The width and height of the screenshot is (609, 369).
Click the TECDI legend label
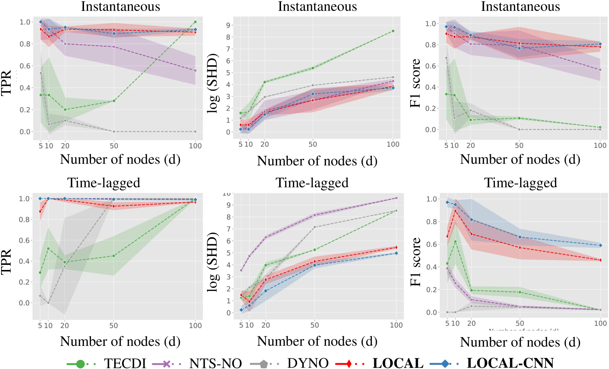(x=125, y=363)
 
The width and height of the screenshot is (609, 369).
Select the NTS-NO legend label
(x=215, y=363)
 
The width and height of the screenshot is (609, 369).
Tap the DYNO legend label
(x=308, y=363)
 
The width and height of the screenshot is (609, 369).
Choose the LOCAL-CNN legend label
(x=510, y=363)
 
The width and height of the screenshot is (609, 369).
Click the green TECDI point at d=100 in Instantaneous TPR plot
(x=195, y=22)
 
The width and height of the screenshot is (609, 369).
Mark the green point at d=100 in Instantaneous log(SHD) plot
(x=393, y=31)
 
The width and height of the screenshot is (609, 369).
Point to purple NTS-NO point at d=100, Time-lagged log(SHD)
(x=396, y=198)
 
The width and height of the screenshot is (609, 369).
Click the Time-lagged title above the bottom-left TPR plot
(x=103, y=183)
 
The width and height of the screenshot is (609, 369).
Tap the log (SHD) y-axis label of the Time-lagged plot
(x=213, y=262)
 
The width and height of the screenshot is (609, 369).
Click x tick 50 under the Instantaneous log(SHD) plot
(x=313, y=144)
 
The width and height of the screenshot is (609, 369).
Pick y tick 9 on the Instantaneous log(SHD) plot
(x=228, y=25)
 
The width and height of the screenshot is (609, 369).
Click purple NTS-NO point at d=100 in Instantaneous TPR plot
(x=195, y=70)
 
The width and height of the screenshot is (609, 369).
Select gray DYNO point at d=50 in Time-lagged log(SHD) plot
(x=314, y=227)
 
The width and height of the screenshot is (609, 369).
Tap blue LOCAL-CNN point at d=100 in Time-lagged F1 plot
(x=600, y=245)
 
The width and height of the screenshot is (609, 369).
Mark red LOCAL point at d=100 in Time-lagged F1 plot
(x=600, y=260)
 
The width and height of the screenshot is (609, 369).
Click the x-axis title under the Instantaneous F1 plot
(x=520, y=159)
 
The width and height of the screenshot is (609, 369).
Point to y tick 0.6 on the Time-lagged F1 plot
(x=432, y=244)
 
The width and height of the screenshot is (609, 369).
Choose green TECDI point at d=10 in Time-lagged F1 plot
(x=455, y=242)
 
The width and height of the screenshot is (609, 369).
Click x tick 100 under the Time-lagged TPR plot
(x=195, y=325)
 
